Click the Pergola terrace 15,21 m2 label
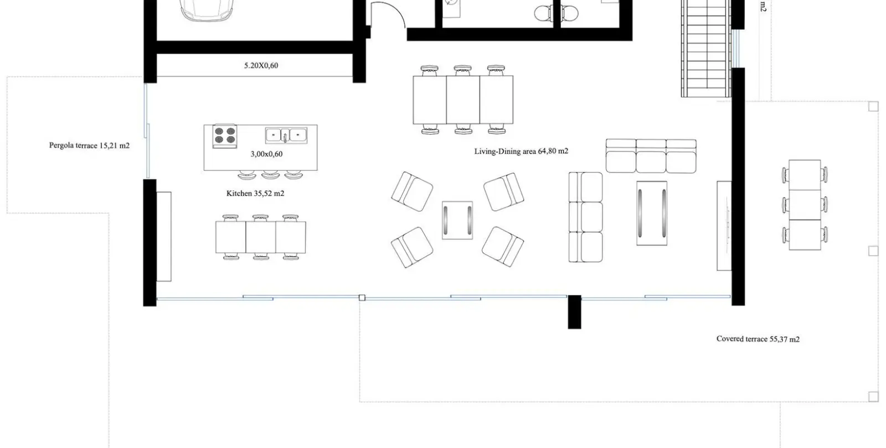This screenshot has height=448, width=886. [x=89, y=145]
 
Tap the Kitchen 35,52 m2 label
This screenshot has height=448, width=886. [x=255, y=193]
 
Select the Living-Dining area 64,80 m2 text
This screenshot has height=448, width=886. [x=521, y=151]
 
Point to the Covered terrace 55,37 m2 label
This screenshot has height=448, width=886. [x=758, y=339]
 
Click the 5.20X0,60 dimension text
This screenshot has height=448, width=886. [x=261, y=66]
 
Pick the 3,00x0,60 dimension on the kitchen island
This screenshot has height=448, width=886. [x=266, y=154]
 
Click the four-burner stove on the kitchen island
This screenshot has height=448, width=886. [x=225, y=136]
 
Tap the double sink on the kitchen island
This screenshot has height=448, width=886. [x=286, y=136]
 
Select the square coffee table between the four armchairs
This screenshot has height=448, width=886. [x=457, y=220]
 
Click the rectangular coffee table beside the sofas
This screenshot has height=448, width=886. [x=652, y=213]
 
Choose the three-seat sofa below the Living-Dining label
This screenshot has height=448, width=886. [x=651, y=156]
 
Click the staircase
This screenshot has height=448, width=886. [x=706, y=48]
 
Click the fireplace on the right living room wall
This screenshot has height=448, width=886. [x=724, y=226]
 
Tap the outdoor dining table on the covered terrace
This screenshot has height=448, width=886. [x=805, y=205]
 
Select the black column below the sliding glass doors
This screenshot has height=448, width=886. [x=575, y=312]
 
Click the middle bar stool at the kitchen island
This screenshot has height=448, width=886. [x=271, y=175]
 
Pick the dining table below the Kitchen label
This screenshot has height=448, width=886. [x=261, y=237]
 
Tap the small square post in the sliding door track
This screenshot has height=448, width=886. [x=362, y=298]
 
